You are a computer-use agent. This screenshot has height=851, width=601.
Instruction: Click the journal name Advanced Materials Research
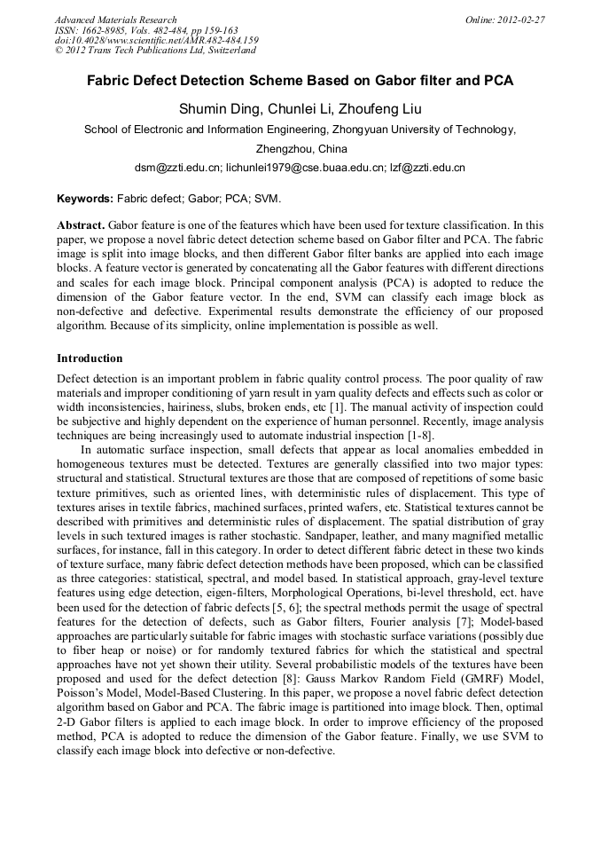(115, 20)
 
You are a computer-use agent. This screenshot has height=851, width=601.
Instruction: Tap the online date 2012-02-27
(519, 20)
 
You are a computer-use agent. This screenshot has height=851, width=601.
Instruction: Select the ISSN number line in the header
(146, 30)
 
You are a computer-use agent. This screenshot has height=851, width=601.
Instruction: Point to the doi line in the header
(156, 41)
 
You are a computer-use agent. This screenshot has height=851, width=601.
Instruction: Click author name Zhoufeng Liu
(382, 109)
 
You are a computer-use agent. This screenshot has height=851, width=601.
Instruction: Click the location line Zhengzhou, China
(300, 148)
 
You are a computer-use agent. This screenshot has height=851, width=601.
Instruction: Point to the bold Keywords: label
(85, 199)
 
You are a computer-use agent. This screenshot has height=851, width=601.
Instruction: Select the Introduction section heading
(90, 359)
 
